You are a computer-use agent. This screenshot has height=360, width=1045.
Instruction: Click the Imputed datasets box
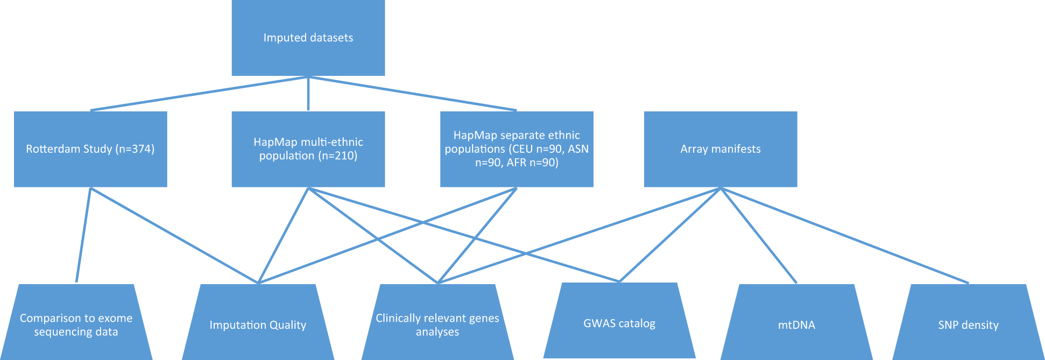point(308,38)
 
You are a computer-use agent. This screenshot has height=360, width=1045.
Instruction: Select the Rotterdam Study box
point(90,149)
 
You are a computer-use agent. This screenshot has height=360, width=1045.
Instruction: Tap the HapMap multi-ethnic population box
point(308,149)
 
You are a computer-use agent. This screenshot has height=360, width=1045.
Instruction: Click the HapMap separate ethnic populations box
point(517,149)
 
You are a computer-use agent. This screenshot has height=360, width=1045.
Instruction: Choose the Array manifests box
point(720,149)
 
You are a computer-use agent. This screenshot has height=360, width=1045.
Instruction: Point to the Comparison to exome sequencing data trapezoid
point(76,324)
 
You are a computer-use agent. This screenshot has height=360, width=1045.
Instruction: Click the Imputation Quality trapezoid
point(258,325)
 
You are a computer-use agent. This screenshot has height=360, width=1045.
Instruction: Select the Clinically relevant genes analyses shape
point(437,325)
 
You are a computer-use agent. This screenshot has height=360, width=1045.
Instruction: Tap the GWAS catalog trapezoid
point(619,323)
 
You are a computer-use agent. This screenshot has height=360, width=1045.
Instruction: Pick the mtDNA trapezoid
point(796,325)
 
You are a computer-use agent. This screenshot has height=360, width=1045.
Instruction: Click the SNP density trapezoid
point(968,325)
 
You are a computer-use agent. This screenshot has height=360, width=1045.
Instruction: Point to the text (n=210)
point(337,156)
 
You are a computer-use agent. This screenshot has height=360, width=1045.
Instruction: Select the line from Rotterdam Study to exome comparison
point(83,235)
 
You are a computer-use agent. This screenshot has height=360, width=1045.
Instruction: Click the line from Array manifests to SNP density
point(845,235)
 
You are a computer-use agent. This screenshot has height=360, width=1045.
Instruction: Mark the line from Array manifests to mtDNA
point(759,236)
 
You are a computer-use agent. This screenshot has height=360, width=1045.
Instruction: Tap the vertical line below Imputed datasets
point(308,94)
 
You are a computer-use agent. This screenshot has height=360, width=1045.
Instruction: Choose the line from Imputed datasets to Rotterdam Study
point(199,94)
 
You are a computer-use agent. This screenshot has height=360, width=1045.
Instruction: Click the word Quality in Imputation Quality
point(288,326)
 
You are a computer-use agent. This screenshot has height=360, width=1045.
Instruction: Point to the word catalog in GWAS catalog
point(637,324)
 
